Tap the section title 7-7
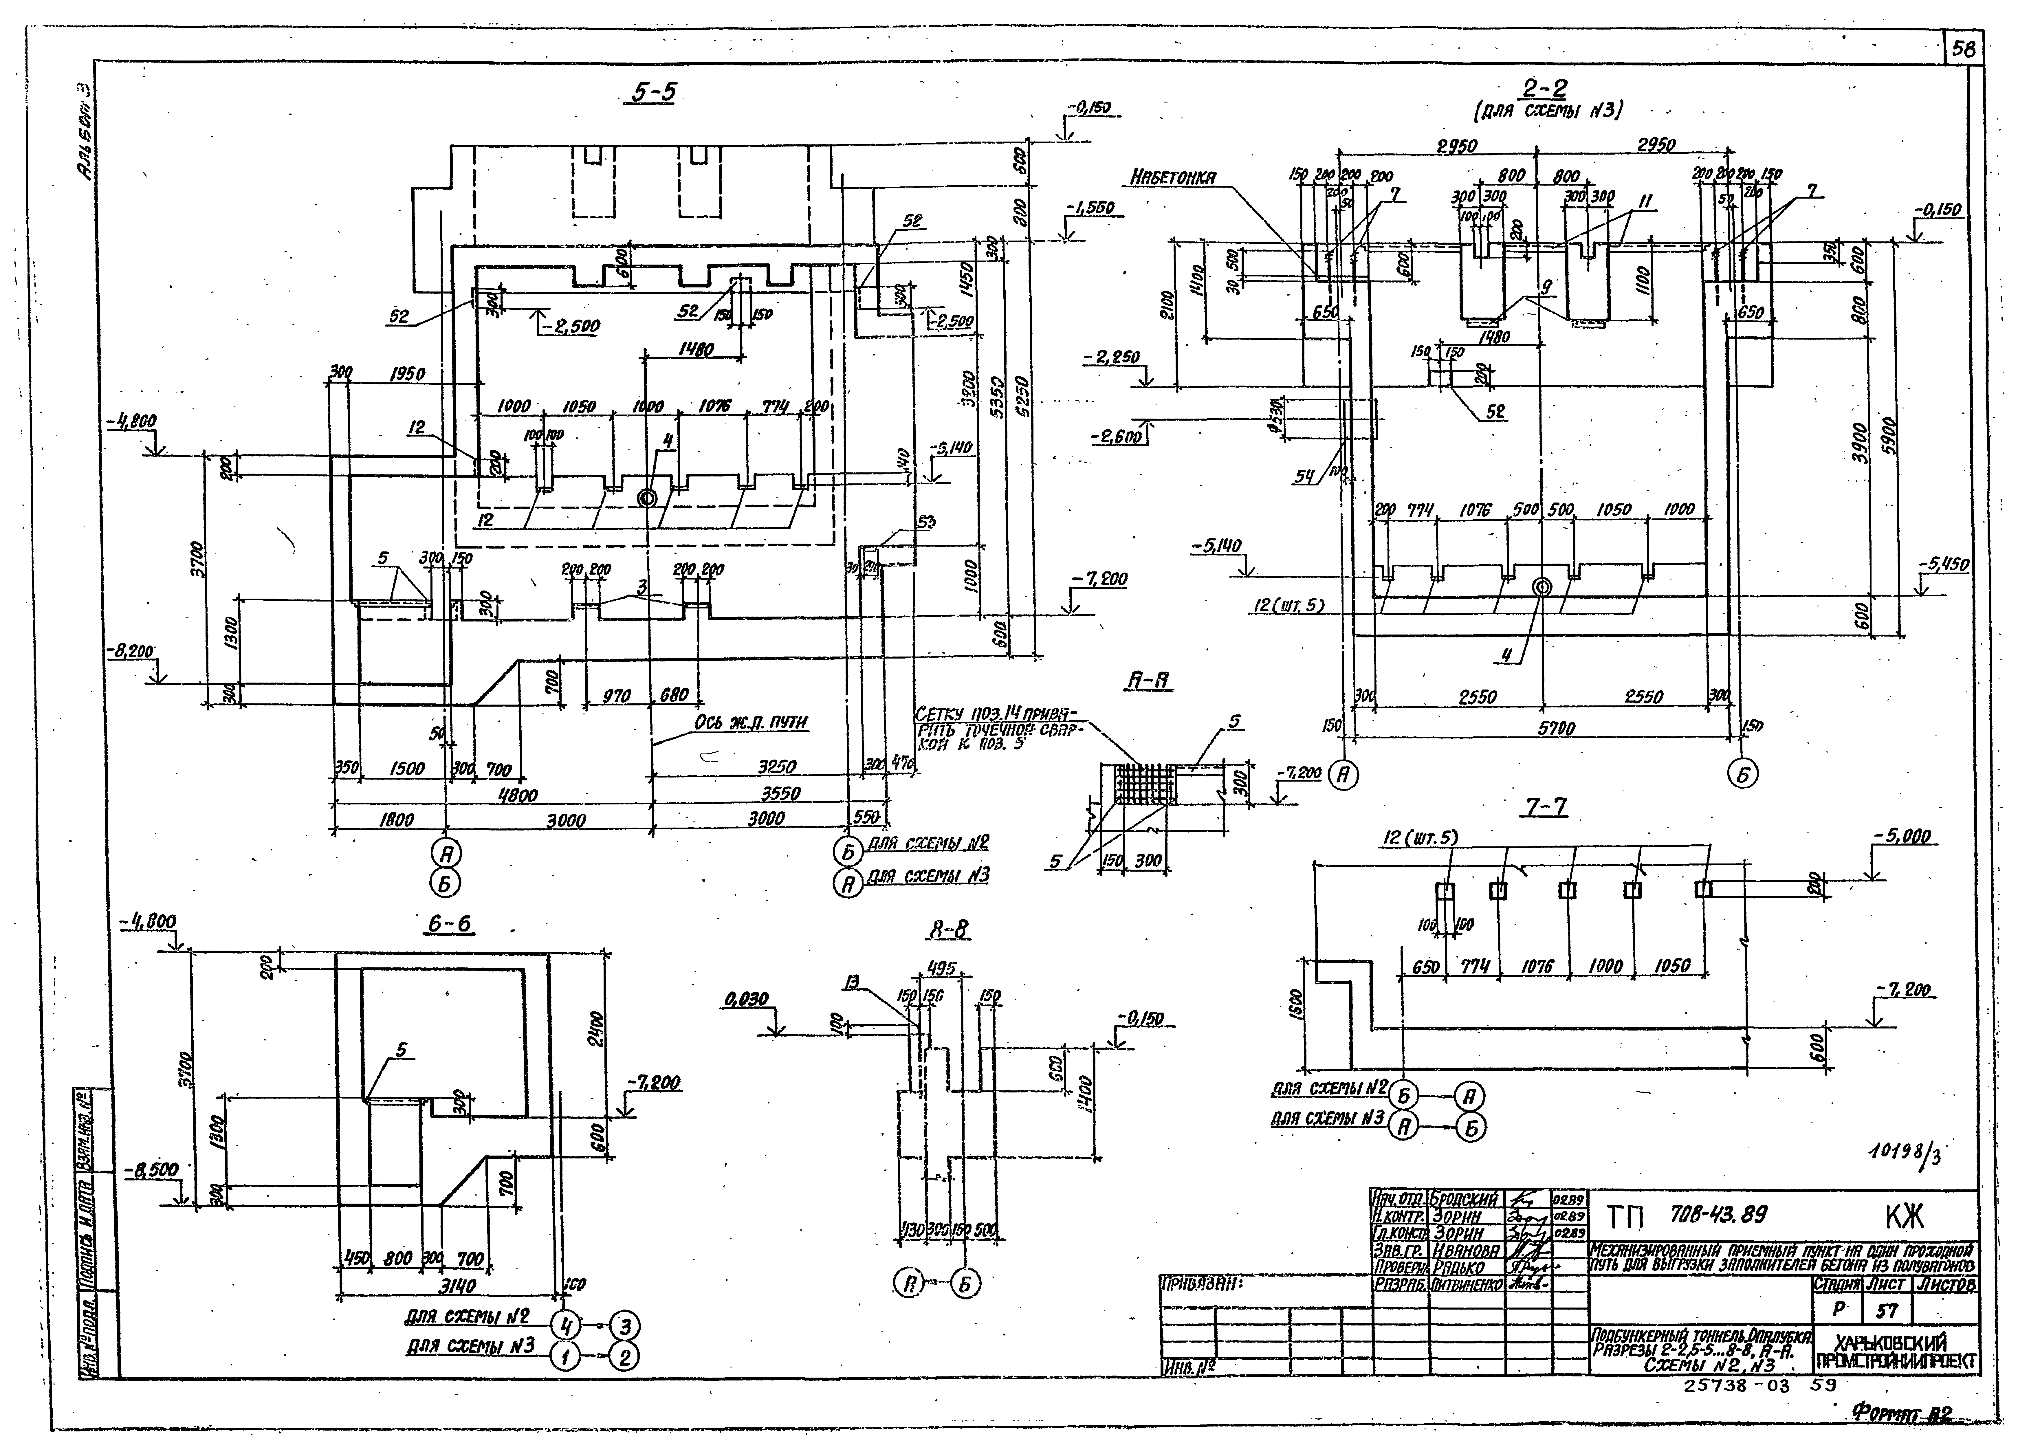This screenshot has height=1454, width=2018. point(1546,807)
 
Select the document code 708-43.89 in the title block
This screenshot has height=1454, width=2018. point(1717,1215)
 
